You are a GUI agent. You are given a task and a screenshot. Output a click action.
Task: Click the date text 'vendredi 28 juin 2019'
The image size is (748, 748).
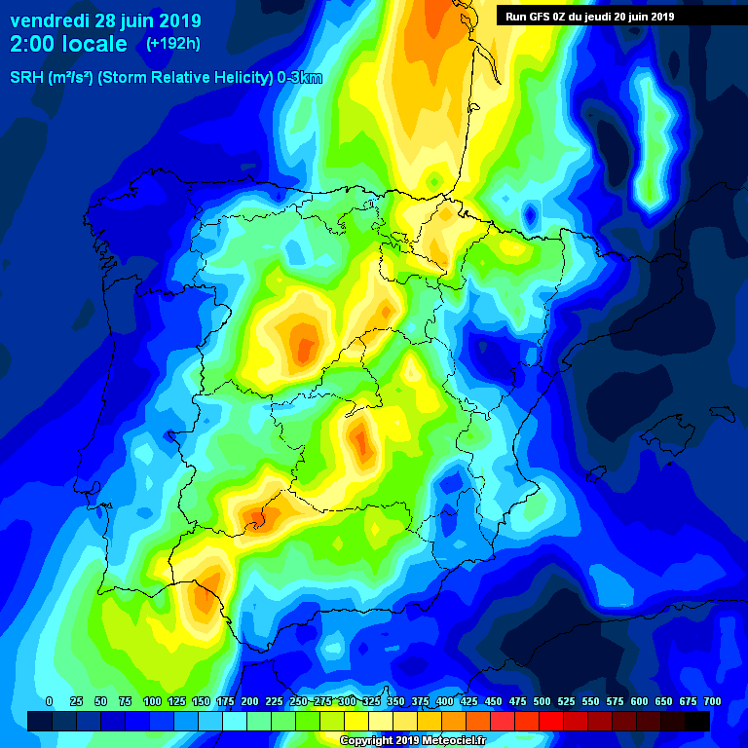[105, 20]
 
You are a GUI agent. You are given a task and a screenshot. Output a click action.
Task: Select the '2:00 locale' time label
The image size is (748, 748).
[68, 44]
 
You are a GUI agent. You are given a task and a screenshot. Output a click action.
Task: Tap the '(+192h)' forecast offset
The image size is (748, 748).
[174, 44]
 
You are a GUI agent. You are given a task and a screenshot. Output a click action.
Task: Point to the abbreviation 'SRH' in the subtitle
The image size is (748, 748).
[26, 78]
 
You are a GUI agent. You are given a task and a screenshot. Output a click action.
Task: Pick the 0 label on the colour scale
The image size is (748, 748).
[49, 701]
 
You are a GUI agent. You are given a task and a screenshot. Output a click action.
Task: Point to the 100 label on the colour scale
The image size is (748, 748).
[152, 701]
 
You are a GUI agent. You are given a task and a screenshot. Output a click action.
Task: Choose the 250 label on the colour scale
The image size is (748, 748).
[298, 701]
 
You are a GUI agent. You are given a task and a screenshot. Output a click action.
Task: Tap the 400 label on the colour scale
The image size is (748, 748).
[445, 701]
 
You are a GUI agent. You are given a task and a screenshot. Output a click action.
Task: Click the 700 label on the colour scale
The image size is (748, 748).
[712, 701]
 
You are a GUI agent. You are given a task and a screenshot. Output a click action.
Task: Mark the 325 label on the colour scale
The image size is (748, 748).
[371, 701]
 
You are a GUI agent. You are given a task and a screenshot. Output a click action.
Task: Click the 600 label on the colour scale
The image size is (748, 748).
[640, 701]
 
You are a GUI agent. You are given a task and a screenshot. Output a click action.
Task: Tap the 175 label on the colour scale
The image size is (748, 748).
[225, 701]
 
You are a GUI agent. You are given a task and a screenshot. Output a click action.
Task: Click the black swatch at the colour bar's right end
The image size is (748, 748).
[697, 721]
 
